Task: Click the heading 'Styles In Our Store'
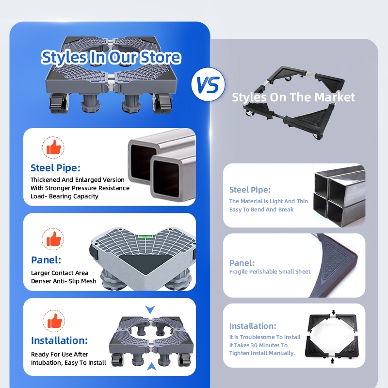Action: (x=111, y=57)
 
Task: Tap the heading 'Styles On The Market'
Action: (x=293, y=97)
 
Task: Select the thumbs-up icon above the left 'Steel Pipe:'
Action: (x=54, y=146)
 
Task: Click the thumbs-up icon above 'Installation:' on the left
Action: (x=54, y=321)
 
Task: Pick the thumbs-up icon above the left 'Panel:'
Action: (x=54, y=238)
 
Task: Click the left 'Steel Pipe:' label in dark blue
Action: (x=55, y=168)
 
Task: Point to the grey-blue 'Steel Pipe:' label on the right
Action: (x=250, y=190)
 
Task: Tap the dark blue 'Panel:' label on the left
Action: (x=46, y=260)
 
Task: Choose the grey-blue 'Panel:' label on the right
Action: (x=242, y=263)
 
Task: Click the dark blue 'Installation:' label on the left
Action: (x=59, y=340)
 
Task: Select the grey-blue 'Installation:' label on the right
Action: (x=253, y=326)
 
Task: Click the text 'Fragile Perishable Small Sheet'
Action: (x=270, y=272)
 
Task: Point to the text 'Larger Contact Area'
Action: (x=60, y=273)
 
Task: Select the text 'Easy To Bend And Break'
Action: (x=261, y=210)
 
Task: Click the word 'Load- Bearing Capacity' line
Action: (x=65, y=196)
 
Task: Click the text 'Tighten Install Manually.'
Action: (x=262, y=353)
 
